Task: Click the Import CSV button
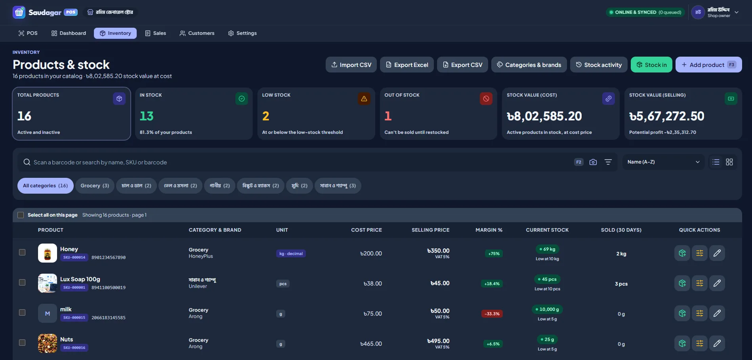coord(351,65)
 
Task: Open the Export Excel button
coord(407,65)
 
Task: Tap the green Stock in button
coord(651,65)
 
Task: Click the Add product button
coord(708,65)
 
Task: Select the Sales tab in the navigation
coord(155,33)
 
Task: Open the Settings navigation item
coord(242,33)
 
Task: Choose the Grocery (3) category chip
coord(95,186)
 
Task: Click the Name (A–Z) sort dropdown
coord(663,162)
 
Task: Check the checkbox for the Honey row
coord(22,252)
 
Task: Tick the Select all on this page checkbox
coord(21,215)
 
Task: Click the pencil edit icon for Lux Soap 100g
coord(717,283)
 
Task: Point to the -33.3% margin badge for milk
coord(492,314)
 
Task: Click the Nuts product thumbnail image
coord(48,343)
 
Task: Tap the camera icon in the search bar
coord(593,162)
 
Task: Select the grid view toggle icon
coord(729,162)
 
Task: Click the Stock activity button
coord(599,65)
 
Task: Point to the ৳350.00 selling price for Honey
coord(438,251)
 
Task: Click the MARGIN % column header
coord(489,230)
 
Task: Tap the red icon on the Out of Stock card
coord(486,99)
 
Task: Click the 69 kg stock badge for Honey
coord(547,249)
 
